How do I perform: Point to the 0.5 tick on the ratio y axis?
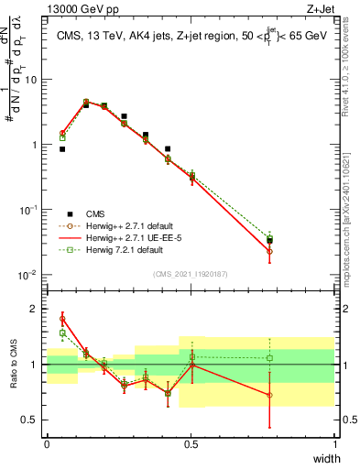pos(30,420)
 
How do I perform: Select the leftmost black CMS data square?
pos(62,148)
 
